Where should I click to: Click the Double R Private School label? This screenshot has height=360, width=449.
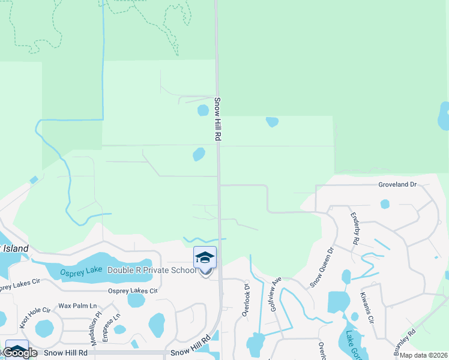[x=151, y=271]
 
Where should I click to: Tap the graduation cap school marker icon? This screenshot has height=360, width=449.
[x=205, y=257]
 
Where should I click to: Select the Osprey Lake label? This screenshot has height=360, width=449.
[x=82, y=271]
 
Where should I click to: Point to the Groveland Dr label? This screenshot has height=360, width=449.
[x=397, y=185]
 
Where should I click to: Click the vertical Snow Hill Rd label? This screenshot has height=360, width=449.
[x=218, y=119]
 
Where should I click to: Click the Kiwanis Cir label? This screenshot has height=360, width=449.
[x=366, y=306]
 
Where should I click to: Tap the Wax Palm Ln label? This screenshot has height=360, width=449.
[x=77, y=306]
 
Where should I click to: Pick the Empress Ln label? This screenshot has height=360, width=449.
[x=112, y=324]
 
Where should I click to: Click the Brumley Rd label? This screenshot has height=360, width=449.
[x=405, y=343]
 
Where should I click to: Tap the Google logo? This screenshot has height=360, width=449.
[x=20, y=353]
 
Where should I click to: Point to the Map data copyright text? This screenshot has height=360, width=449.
[x=424, y=355]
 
